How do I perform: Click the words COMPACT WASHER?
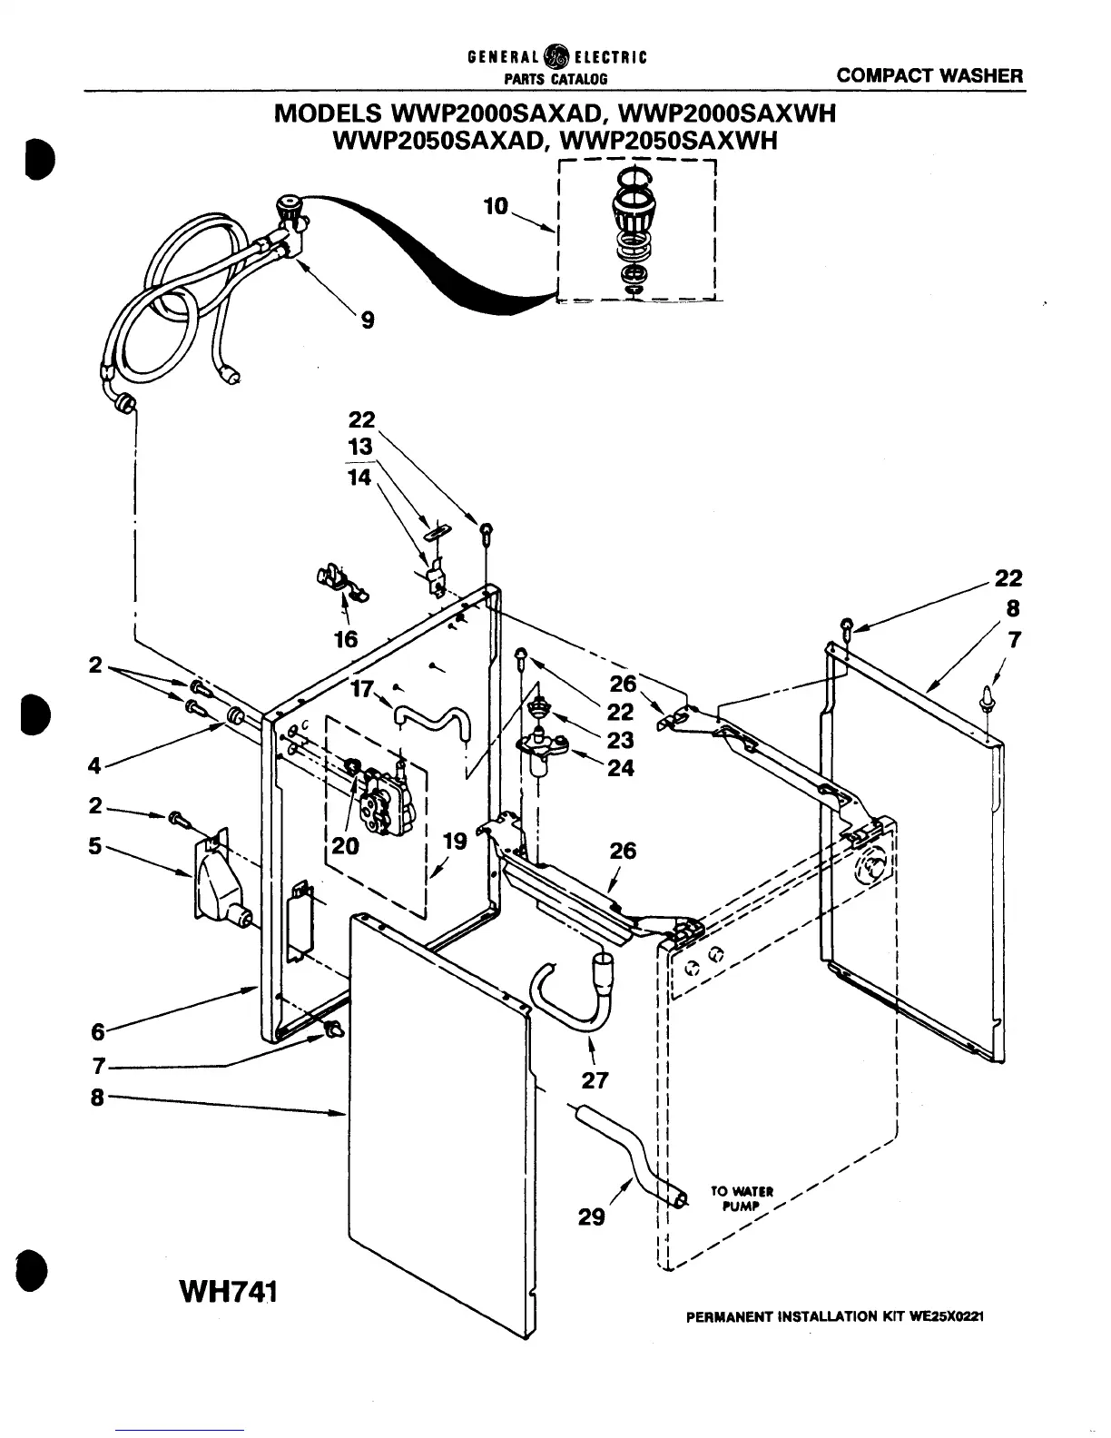(x=929, y=76)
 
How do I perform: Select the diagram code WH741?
(x=221, y=1290)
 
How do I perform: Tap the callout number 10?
(x=496, y=207)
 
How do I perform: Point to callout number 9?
(x=367, y=320)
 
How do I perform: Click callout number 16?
(x=345, y=639)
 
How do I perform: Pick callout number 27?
(x=595, y=1079)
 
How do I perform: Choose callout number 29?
(x=591, y=1216)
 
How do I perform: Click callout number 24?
(x=621, y=768)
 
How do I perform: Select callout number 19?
(x=454, y=842)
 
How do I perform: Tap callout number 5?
(x=94, y=846)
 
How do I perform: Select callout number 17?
(x=360, y=690)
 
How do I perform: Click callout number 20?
(x=345, y=846)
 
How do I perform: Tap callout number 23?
(x=621, y=740)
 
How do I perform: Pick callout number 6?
(x=97, y=1031)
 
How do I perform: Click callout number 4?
(x=94, y=765)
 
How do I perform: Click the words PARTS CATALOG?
(x=556, y=80)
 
